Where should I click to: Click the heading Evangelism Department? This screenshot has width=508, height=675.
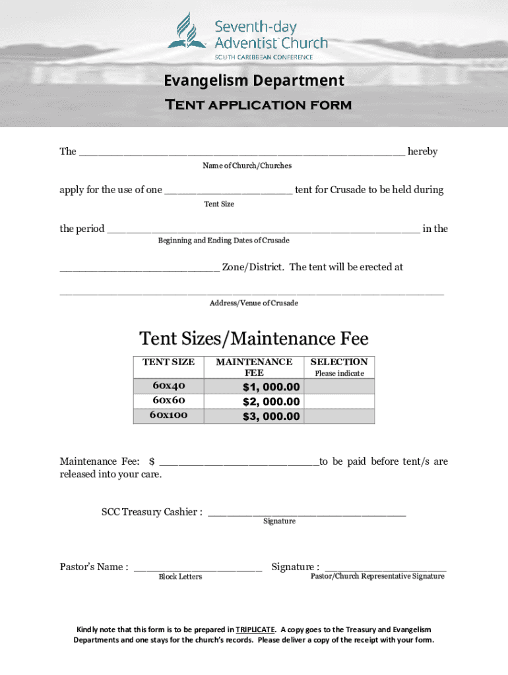(254, 80)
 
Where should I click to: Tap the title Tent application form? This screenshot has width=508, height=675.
(257, 105)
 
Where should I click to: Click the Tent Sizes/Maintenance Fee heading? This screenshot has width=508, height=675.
(254, 339)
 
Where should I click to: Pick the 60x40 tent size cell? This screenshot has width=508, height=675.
(169, 386)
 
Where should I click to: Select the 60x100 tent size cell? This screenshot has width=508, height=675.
(169, 415)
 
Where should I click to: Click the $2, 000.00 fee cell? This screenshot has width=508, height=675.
(255, 401)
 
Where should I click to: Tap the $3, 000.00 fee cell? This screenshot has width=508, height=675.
(255, 416)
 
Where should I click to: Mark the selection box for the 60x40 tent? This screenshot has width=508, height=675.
(339, 386)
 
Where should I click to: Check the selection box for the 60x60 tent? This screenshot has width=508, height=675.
(339, 401)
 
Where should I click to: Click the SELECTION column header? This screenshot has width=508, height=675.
(339, 362)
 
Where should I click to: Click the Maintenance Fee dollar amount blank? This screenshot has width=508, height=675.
(239, 462)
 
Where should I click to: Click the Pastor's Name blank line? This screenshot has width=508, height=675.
(198, 568)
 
